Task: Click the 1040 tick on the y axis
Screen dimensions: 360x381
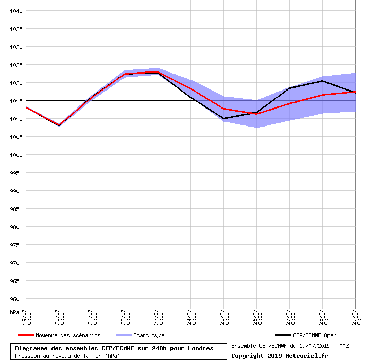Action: point(16,11)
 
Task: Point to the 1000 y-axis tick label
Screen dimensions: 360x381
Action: point(16,155)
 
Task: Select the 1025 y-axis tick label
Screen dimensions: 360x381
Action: point(16,65)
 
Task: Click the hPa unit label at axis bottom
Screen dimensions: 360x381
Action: point(14,312)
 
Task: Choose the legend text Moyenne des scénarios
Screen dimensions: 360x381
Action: point(68,335)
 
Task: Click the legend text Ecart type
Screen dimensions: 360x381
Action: point(149,335)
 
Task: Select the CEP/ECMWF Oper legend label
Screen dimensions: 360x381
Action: point(314,335)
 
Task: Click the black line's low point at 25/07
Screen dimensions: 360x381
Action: point(223,119)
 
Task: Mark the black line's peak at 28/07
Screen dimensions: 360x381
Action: point(322,81)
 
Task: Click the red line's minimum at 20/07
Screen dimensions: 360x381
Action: point(59,125)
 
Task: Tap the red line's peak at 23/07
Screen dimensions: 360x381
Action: point(158,72)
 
